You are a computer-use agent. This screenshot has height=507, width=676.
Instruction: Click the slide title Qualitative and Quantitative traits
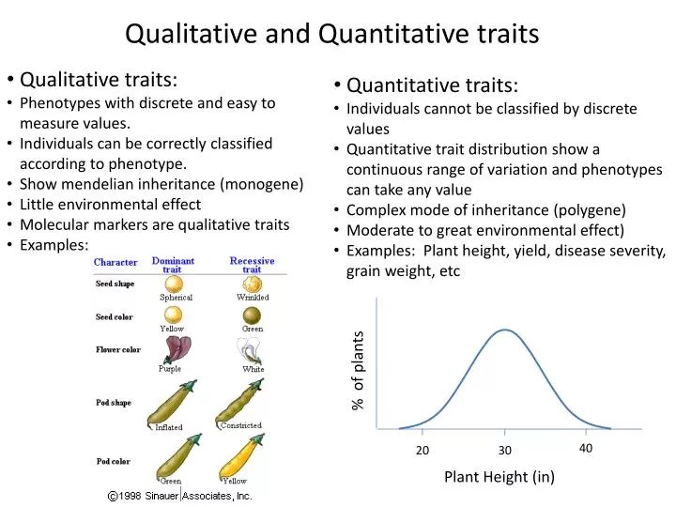332,34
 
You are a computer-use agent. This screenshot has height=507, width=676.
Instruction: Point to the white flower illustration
251,351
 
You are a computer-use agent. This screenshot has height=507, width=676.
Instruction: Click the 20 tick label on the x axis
422,451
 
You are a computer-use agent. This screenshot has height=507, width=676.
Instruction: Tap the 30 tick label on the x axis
504,451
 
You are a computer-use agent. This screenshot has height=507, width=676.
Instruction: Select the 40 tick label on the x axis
586,449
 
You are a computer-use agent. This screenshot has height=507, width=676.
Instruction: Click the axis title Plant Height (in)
499,477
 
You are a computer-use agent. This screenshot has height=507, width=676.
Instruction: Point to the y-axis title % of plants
358,371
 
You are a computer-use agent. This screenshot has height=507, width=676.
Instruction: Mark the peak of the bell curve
505,330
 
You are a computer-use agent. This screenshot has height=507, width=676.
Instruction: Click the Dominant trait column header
173,265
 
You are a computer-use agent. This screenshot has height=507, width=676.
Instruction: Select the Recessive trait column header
252,265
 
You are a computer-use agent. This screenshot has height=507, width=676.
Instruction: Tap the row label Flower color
118,350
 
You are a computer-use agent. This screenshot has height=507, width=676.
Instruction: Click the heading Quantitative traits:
432,85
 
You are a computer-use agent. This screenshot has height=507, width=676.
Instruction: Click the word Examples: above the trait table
54,245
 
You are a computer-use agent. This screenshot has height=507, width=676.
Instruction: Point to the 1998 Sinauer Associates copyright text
179,495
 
